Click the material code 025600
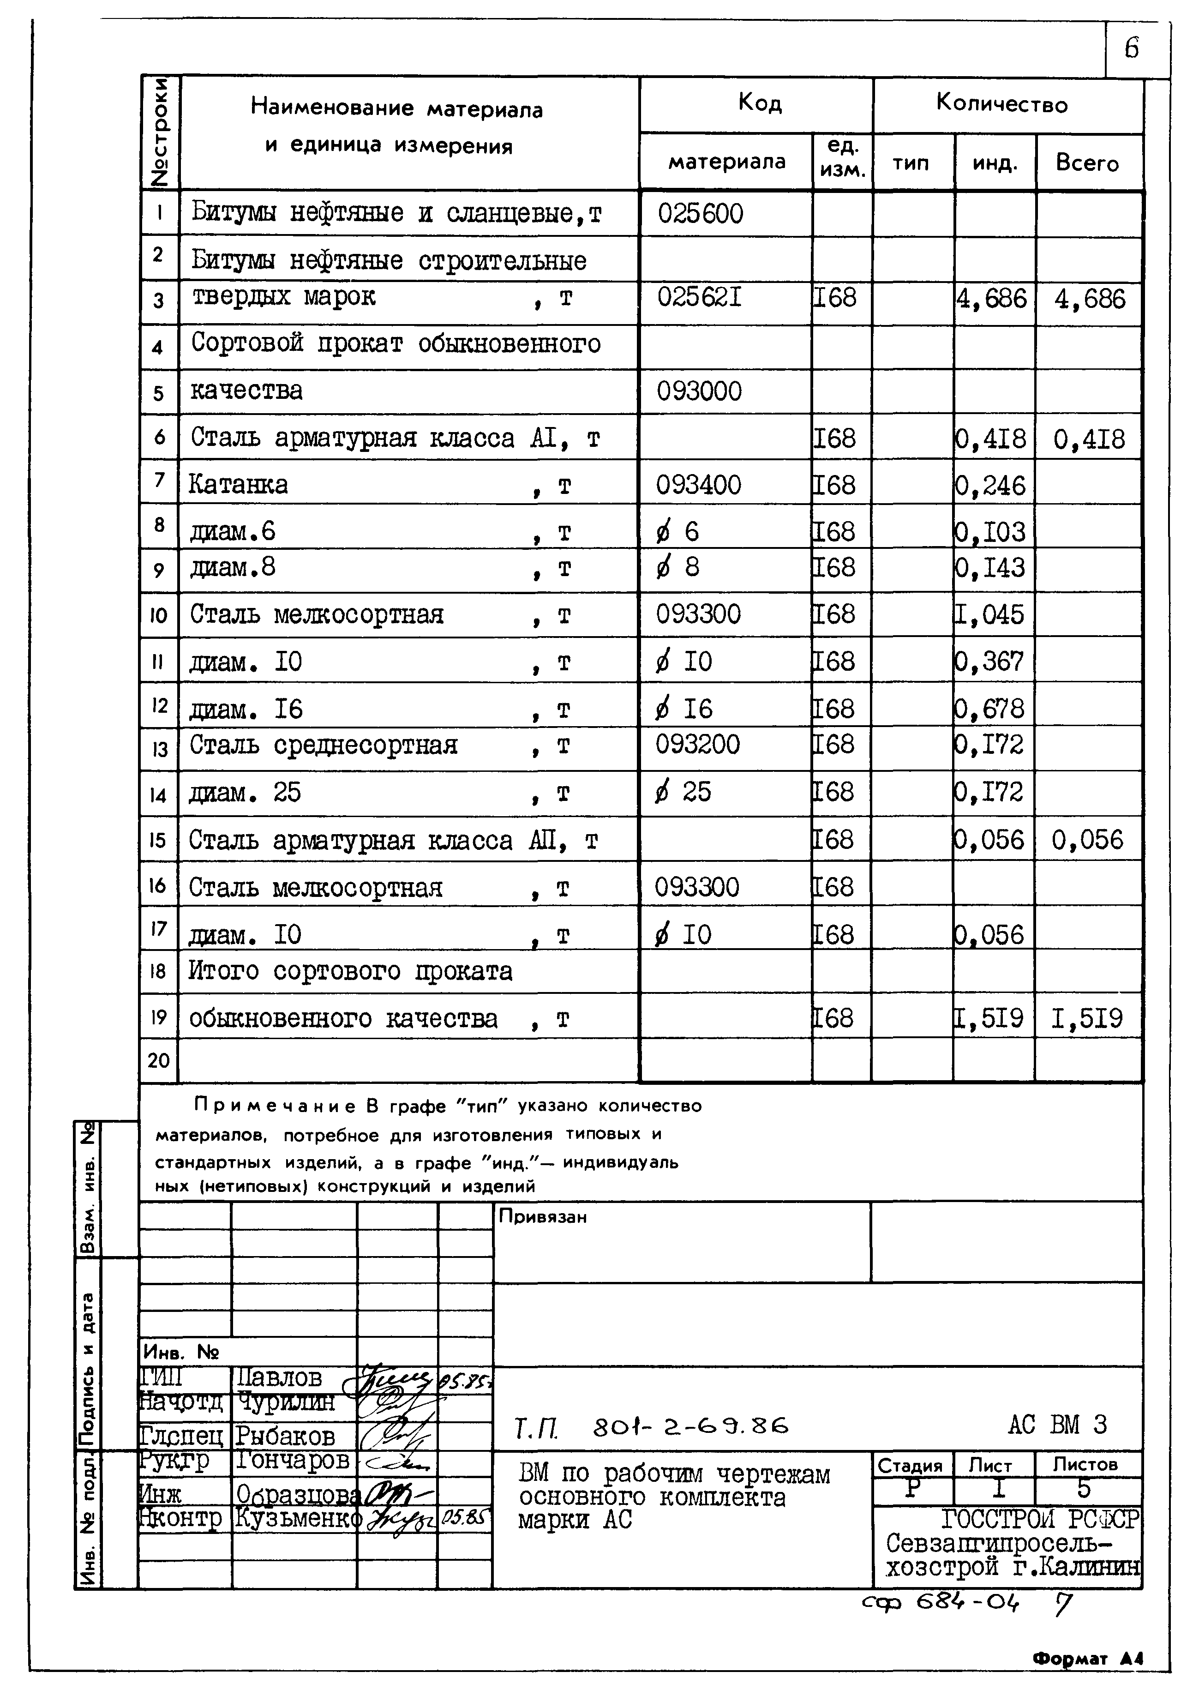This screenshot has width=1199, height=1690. click(700, 214)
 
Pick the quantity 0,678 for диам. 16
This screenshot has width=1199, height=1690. click(990, 709)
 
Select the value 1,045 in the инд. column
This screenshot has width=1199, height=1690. click(989, 614)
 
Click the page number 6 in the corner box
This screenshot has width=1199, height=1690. click(1132, 49)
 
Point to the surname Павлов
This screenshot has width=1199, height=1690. click(279, 1377)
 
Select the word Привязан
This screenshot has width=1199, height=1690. click(543, 1217)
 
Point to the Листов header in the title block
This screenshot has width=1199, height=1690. click(1085, 1464)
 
